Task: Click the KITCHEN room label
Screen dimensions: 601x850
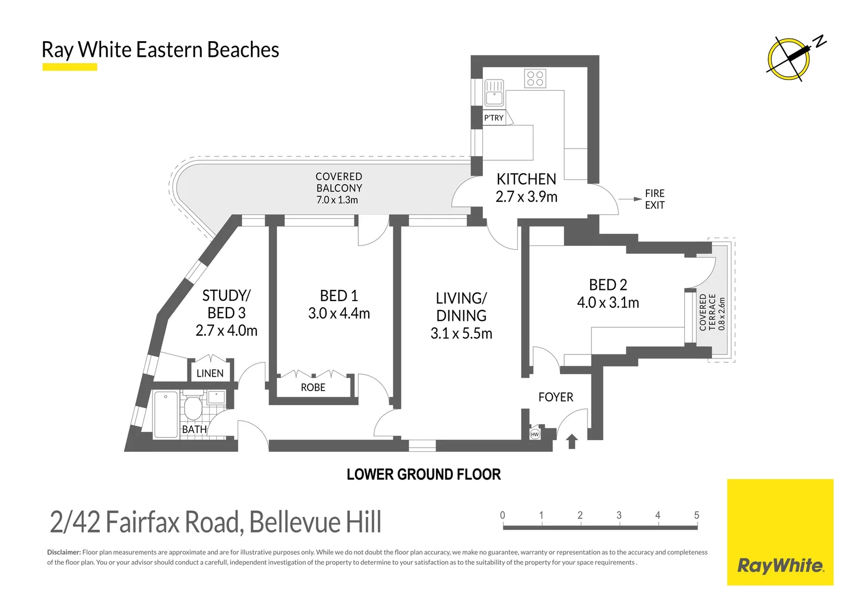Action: pos(526,179)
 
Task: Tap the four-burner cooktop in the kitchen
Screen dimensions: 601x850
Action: pos(535,78)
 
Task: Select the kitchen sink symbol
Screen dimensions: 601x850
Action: pos(494,93)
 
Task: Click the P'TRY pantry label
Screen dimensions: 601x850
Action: pos(493,117)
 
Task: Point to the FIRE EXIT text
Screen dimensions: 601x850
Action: pos(654,199)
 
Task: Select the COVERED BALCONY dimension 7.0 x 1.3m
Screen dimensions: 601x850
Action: pos(337,200)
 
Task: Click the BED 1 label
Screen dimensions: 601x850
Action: pos(339,295)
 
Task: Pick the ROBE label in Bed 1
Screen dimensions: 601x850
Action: pos(313,387)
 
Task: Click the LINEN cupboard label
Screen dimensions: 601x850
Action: pos(210,373)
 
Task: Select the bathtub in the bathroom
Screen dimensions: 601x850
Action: pos(165,415)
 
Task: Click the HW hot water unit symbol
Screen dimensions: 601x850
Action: pos(535,434)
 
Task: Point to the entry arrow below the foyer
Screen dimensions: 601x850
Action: pos(572,442)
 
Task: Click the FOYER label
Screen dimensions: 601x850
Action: pos(555,397)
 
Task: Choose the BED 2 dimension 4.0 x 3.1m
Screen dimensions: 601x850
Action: pos(607,303)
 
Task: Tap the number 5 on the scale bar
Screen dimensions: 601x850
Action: pos(696,515)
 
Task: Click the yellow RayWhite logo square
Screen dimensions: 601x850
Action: pos(780,532)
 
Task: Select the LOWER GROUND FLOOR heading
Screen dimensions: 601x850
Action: pos(423,475)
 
